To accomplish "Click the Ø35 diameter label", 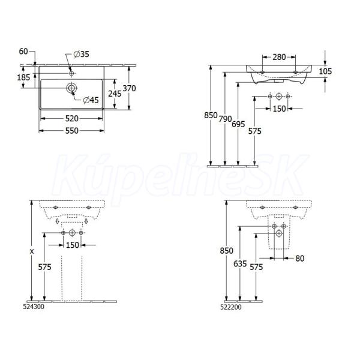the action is (x=81, y=54).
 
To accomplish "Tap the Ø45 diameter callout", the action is (x=91, y=100).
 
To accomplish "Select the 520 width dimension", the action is (x=72, y=119).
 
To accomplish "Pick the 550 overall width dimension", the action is (x=72, y=131).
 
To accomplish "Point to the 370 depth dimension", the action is (x=129, y=88).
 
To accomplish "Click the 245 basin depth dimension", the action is (x=115, y=94).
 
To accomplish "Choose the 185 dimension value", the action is (x=23, y=77).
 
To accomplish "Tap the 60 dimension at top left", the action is (x=23, y=52).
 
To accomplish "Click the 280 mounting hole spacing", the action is (x=279, y=57).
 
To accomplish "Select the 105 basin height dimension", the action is (x=325, y=71).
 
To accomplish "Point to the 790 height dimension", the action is (x=225, y=119).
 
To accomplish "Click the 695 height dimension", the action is (x=238, y=124).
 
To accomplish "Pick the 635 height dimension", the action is (x=240, y=264).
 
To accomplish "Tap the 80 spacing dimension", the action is (x=299, y=259).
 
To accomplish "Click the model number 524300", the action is (x=34, y=307).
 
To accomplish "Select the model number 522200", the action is (x=231, y=307).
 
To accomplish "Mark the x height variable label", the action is (x=32, y=251).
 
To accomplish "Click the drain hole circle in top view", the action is (x=71, y=88).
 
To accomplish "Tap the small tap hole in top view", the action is (x=71, y=73).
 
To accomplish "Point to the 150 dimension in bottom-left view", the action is (x=73, y=245).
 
